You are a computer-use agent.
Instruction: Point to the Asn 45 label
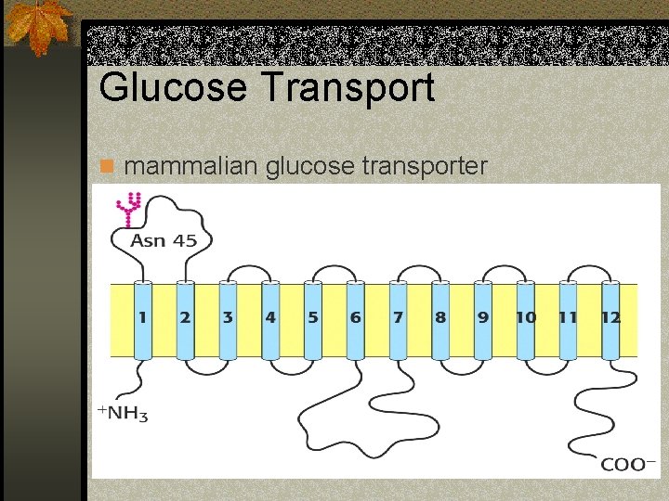[164, 240]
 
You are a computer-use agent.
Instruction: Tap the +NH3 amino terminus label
[122, 413]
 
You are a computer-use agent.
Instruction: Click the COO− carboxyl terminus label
[629, 464]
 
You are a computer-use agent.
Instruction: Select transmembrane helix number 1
[142, 320]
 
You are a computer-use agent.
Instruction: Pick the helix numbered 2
[184, 320]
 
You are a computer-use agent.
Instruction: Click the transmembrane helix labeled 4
[269, 320]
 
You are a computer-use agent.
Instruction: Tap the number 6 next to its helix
[355, 317]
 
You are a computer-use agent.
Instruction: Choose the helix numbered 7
[398, 320]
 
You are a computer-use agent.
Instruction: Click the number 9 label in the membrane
[483, 317]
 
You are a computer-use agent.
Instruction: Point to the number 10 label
[526, 317]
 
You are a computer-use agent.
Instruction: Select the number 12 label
[610, 317]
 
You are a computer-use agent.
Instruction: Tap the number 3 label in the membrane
[227, 317]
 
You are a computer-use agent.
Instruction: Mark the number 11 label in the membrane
[568, 317]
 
